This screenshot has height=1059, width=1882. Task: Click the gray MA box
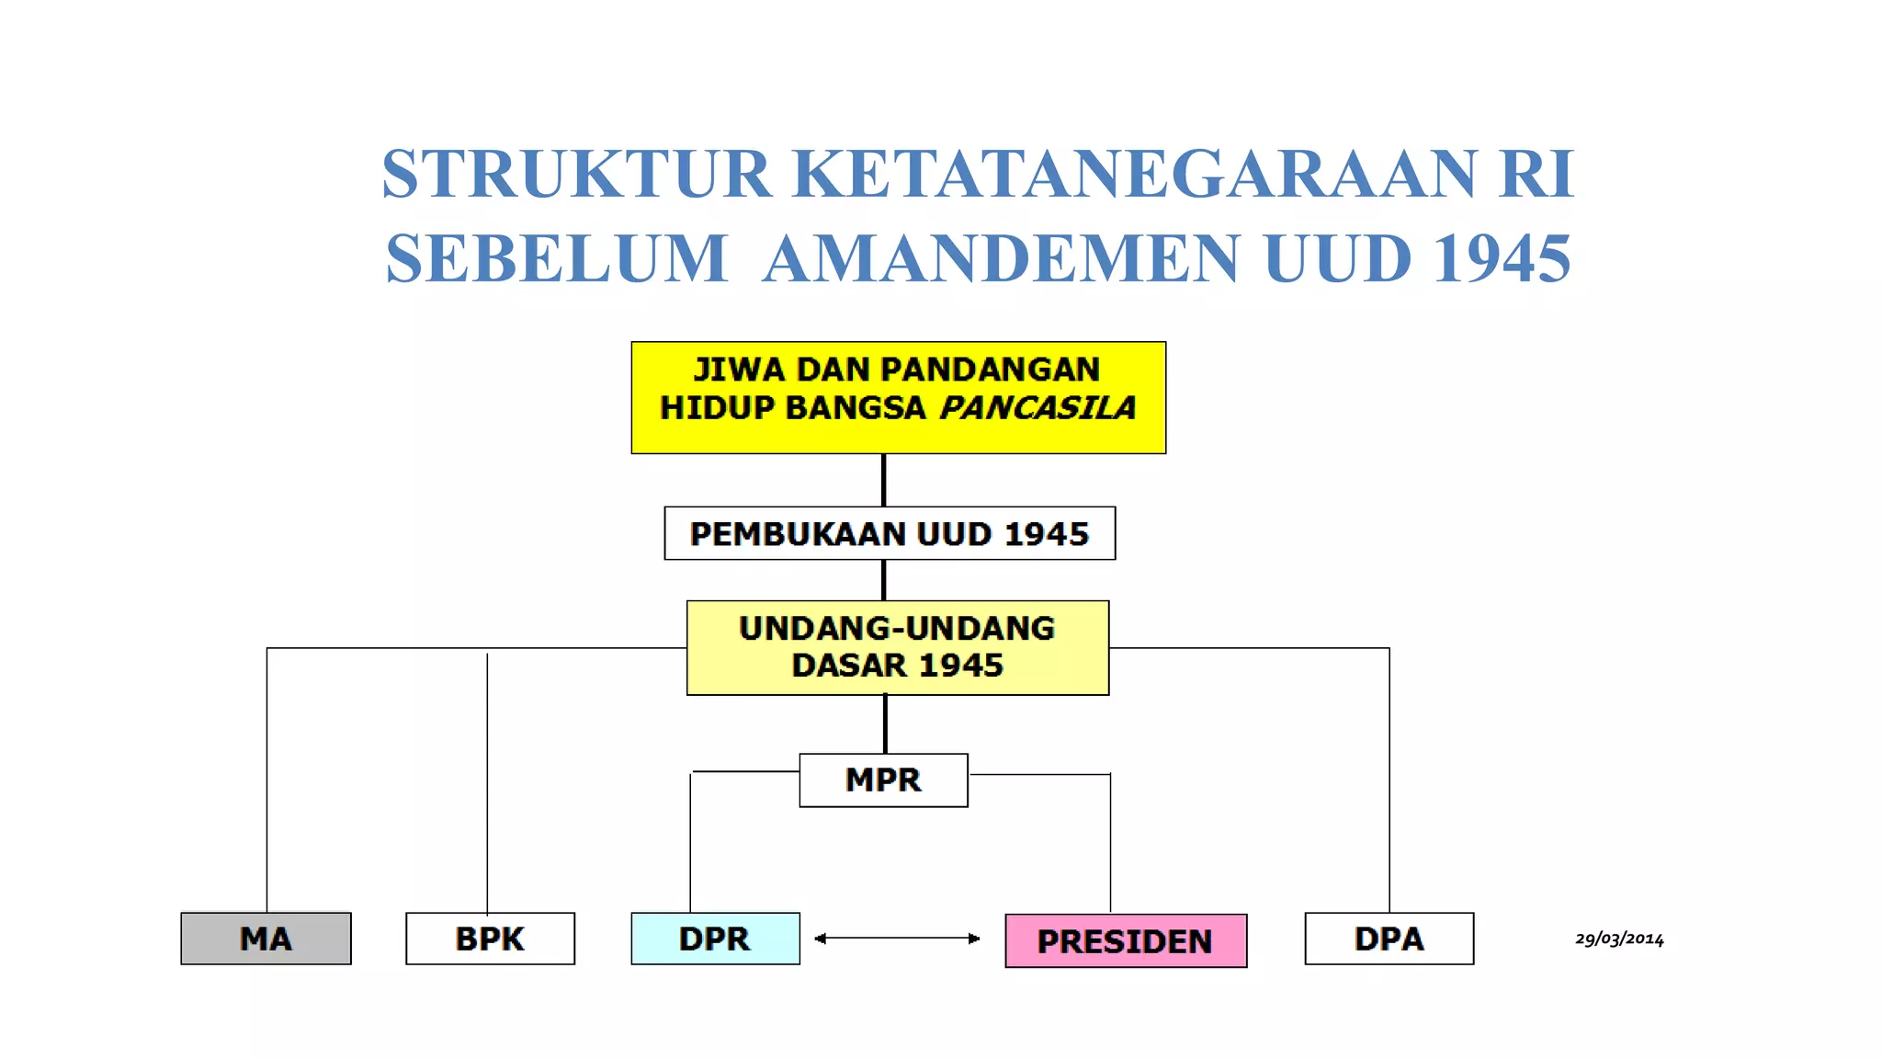[x=266, y=939]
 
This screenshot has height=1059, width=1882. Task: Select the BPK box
[x=490, y=939]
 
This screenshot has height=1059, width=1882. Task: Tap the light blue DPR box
[x=715, y=939]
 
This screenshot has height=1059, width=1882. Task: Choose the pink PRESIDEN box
[x=1126, y=941]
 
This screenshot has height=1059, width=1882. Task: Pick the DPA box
[x=1389, y=939]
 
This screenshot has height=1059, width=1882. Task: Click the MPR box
[x=883, y=780]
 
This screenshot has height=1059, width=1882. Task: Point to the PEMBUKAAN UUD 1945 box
[x=890, y=533]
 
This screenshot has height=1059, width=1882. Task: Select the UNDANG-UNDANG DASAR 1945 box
[x=898, y=647]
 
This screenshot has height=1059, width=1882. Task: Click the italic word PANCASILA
[x=1037, y=407]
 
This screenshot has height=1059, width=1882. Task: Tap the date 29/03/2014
[x=1619, y=939]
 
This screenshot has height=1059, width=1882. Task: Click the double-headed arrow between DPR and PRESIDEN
[x=897, y=939]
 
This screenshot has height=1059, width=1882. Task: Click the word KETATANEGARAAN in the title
[x=1133, y=174]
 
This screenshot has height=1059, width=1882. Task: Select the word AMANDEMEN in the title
[x=1002, y=258]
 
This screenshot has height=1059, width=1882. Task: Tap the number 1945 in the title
[x=1502, y=258]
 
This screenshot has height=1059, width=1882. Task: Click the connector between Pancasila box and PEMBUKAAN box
[x=884, y=480]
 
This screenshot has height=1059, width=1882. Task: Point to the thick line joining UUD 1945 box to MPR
[x=885, y=724]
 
